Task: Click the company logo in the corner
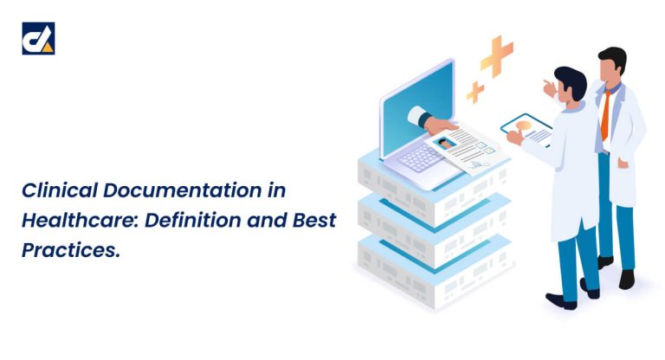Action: [38, 39]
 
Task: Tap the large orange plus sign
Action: [497, 55]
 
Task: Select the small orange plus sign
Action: [475, 91]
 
